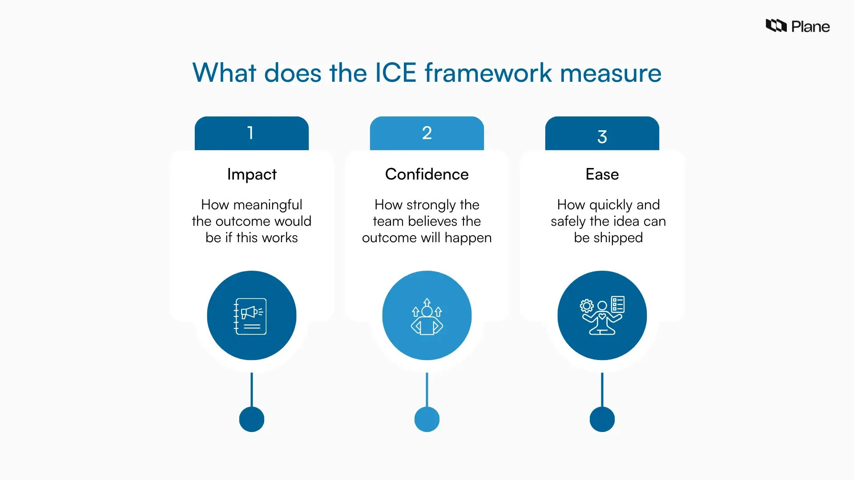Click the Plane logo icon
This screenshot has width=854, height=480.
coord(776,26)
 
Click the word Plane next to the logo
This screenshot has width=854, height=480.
coord(810,27)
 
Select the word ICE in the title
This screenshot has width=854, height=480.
coord(395,73)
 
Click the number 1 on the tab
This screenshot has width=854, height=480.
coord(251,133)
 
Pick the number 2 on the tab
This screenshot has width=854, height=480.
coord(427,133)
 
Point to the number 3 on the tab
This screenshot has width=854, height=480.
coord(602,137)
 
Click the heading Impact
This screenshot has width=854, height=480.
coord(252,174)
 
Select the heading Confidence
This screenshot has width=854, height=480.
coord(427,174)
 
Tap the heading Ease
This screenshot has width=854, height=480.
coord(602,174)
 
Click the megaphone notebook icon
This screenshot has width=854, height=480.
coord(251,316)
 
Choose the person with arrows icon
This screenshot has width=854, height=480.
coord(427,316)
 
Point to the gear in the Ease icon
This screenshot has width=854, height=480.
coord(587,306)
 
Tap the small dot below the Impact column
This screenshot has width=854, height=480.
coord(252,419)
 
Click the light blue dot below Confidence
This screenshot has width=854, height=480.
coord(427,419)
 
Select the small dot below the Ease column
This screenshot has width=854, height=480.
coord(602,419)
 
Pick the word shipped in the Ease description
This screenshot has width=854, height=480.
coord(618,238)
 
